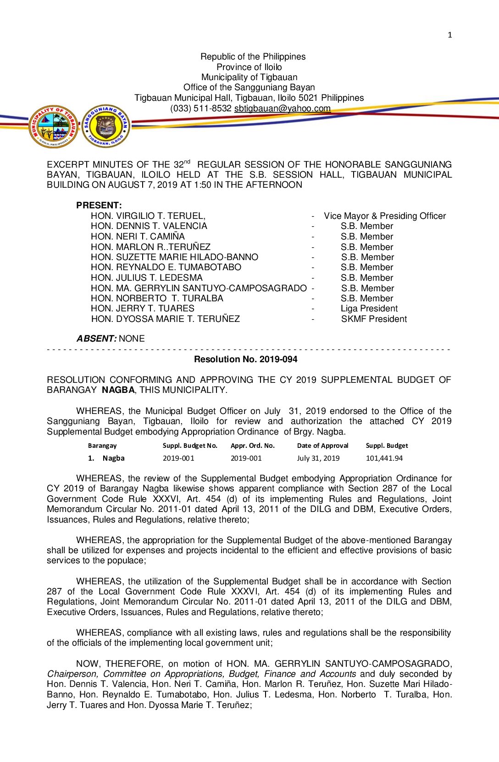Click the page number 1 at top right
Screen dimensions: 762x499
(x=449, y=35)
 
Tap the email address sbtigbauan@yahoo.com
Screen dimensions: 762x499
(x=282, y=109)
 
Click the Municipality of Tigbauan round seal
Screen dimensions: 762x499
(x=54, y=126)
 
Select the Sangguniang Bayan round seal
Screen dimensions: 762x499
(x=106, y=126)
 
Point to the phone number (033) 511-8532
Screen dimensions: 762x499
(x=201, y=109)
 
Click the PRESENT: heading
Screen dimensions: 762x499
(x=99, y=205)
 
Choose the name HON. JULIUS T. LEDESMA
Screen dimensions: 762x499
(x=146, y=278)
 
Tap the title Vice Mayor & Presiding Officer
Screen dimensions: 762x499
(x=384, y=216)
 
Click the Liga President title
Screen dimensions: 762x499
(x=369, y=309)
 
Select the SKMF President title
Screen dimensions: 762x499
(x=374, y=319)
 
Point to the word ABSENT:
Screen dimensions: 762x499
(x=96, y=339)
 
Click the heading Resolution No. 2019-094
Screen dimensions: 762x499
(x=245, y=359)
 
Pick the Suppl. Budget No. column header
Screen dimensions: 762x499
(x=190, y=446)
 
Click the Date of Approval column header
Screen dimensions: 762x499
(x=322, y=446)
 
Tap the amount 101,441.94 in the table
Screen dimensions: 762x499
(x=384, y=458)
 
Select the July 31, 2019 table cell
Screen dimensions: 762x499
(x=318, y=458)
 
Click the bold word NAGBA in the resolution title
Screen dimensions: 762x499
(x=118, y=390)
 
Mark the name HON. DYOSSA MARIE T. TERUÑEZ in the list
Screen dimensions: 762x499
(x=165, y=319)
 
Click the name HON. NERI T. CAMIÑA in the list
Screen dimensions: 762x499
(x=138, y=237)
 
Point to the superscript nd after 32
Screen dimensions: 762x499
(x=187, y=162)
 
